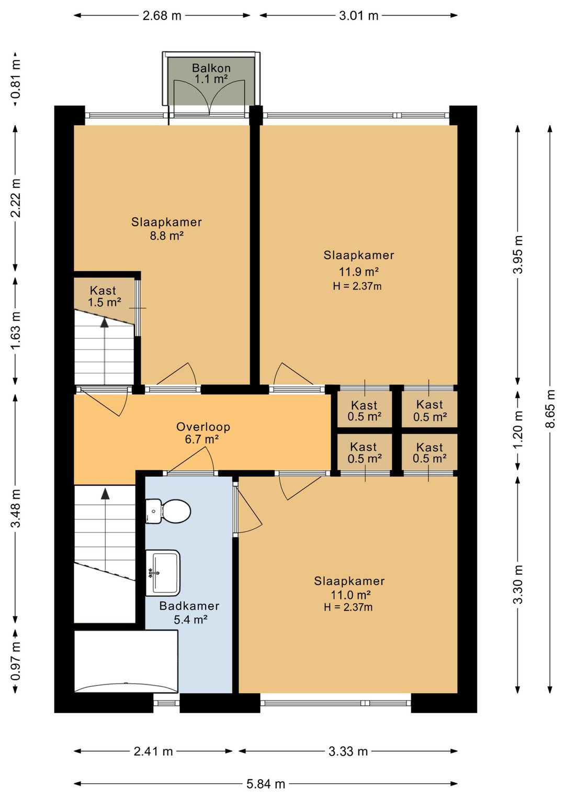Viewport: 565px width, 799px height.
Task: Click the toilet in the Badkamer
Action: tap(168, 511)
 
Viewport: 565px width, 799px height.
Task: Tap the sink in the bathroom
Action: tap(163, 573)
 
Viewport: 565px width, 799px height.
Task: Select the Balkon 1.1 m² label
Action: tap(211, 73)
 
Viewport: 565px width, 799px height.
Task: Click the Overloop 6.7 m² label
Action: tap(203, 432)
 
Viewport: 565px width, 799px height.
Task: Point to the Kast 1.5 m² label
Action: tap(104, 296)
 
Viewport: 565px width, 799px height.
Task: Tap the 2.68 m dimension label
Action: tap(162, 16)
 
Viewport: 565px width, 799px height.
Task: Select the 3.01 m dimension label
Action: tap(358, 16)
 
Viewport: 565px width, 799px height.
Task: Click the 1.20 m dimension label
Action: tap(518, 430)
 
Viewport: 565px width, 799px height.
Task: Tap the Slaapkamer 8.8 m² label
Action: tap(166, 229)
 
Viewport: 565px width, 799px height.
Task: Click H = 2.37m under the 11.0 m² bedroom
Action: tap(348, 607)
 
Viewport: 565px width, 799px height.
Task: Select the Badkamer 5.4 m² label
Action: tap(189, 613)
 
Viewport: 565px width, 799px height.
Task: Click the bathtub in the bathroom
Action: tap(126, 661)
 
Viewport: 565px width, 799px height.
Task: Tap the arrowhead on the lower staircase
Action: tap(105, 494)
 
